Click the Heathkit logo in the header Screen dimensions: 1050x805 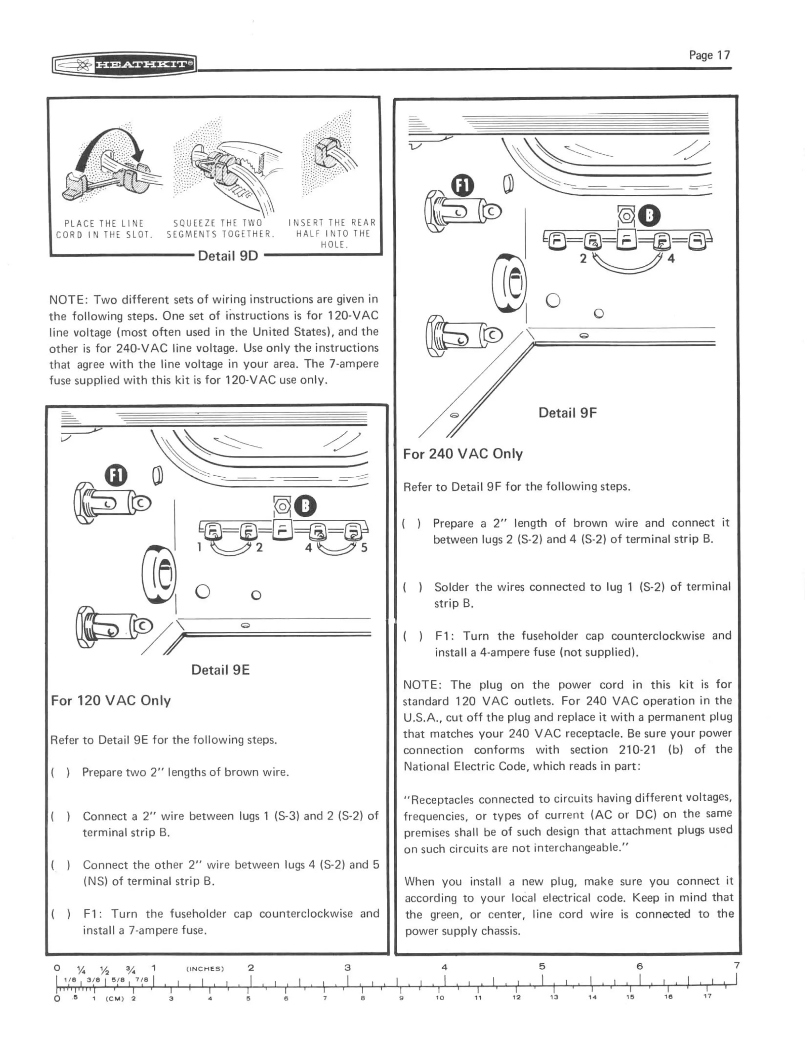click(x=124, y=64)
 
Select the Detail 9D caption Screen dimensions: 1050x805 click(x=228, y=256)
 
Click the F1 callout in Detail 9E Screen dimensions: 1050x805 click(x=117, y=476)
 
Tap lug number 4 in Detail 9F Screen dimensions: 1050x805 click(x=671, y=259)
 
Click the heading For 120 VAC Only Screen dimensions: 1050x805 click(x=111, y=700)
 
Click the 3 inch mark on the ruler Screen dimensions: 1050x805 click(x=347, y=967)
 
